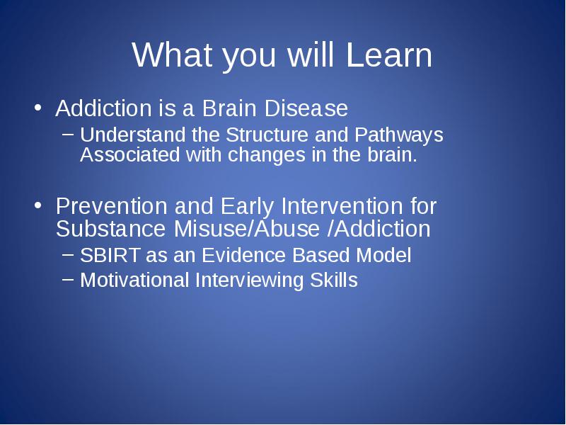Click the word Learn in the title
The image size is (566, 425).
(x=388, y=55)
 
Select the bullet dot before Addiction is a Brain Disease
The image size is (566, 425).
(x=38, y=108)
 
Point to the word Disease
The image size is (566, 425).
(x=306, y=108)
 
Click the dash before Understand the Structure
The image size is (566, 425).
(x=68, y=134)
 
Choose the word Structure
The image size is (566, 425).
(x=267, y=135)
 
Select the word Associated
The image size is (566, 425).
(x=130, y=154)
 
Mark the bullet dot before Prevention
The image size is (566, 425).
(x=38, y=205)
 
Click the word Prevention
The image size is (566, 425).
(x=112, y=206)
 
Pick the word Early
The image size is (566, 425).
(x=247, y=207)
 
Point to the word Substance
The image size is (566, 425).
(x=110, y=229)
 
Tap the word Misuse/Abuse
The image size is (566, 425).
(x=246, y=229)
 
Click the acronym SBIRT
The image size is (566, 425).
(x=110, y=255)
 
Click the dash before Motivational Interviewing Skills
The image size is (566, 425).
(x=68, y=278)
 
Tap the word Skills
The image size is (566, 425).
(x=334, y=280)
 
